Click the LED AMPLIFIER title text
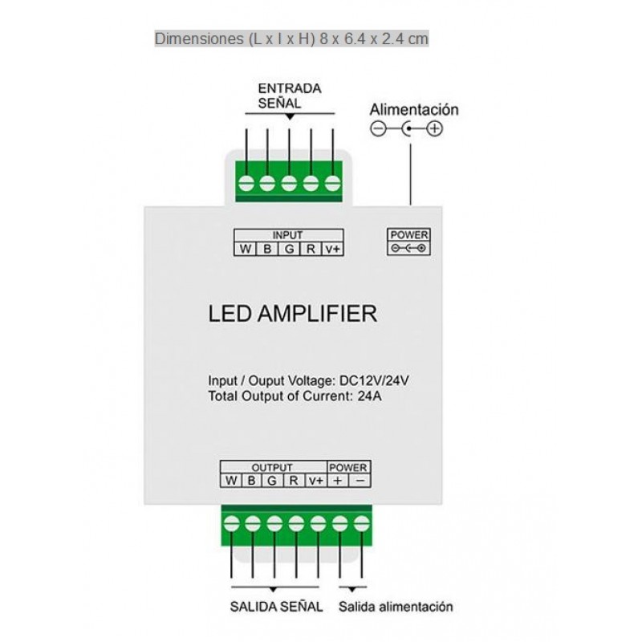click(x=292, y=313)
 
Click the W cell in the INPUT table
click(x=244, y=249)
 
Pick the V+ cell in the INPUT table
click(x=333, y=249)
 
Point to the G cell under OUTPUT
click(x=273, y=481)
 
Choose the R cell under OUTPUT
click(x=294, y=481)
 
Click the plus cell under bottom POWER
click(x=338, y=481)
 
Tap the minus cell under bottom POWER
click(x=360, y=481)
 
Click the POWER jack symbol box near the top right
click(x=408, y=242)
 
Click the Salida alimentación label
click(x=396, y=607)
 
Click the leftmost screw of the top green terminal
click(x=246, y=184)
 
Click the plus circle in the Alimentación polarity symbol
click(x=435, y=128)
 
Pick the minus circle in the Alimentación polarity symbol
click(x=378, y=128)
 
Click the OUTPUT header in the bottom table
click(x=272, y=467)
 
